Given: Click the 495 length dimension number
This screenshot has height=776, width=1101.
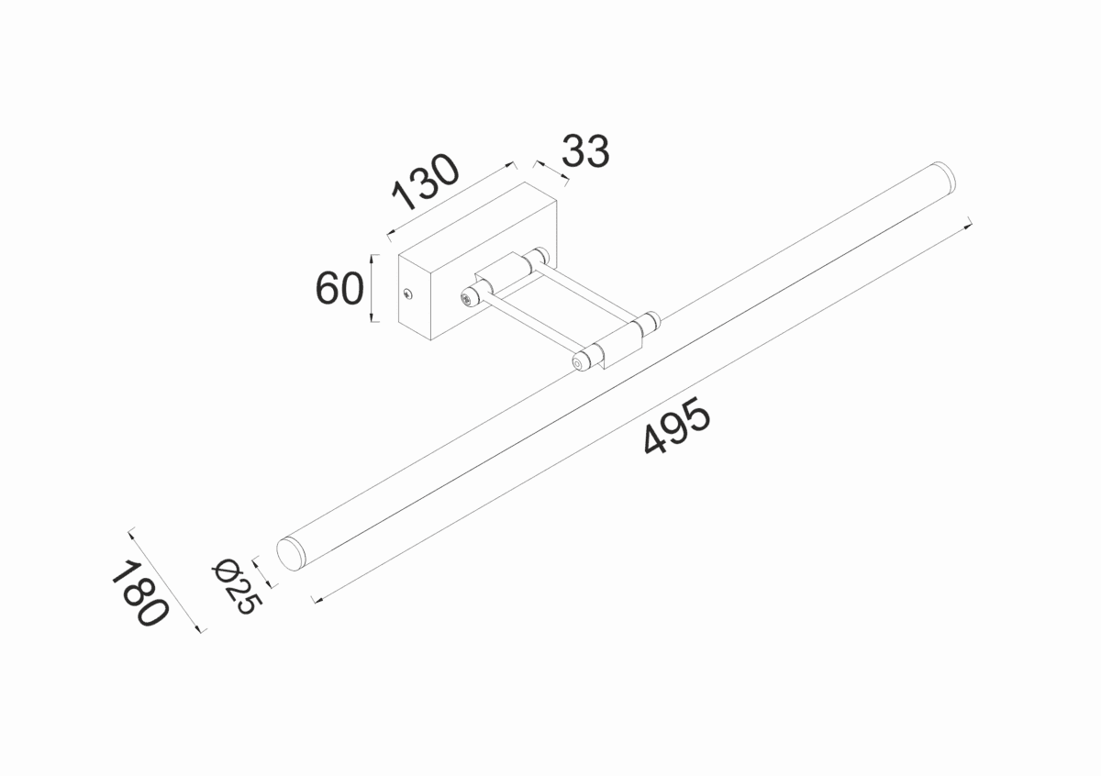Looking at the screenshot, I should (x=677, y=427).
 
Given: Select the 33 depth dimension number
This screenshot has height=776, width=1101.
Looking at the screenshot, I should (x=584, y=151).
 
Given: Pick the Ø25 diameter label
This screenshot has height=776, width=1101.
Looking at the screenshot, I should (x=237, y=586).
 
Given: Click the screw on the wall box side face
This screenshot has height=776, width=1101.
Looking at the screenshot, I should (x=408, y=294).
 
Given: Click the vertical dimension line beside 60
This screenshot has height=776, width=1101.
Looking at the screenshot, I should (x=373, y=288).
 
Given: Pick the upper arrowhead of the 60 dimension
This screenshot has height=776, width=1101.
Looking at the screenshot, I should (x=373, y=259).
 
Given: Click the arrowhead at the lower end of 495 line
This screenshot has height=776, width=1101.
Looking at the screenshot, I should (x=316, y=601).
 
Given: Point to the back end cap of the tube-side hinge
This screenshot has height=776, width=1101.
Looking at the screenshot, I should (x=650, y=320).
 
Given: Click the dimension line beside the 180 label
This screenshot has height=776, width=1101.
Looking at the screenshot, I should (x=167, y=579).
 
